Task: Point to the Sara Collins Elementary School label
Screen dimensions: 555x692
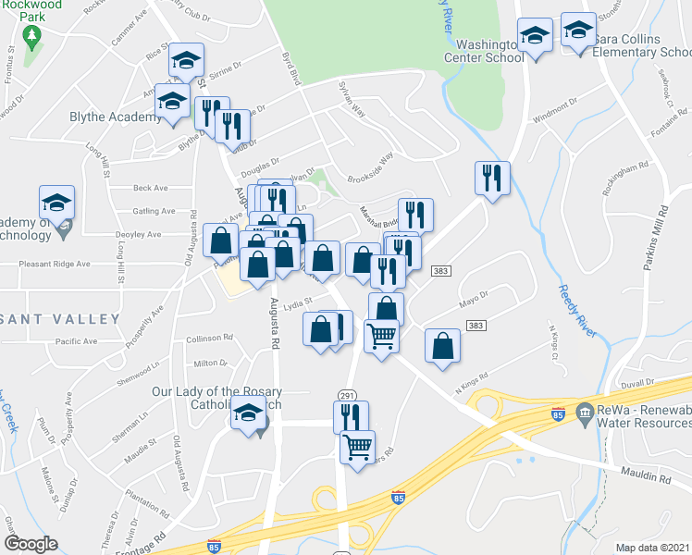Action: click(642, 46)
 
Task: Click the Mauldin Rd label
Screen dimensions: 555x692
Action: click(651, 478)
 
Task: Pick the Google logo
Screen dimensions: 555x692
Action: click(31, 543)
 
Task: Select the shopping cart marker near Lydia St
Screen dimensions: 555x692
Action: click(381, 336)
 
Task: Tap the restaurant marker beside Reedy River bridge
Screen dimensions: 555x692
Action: click(492, 177)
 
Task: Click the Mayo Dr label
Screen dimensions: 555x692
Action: click(472, 299)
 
